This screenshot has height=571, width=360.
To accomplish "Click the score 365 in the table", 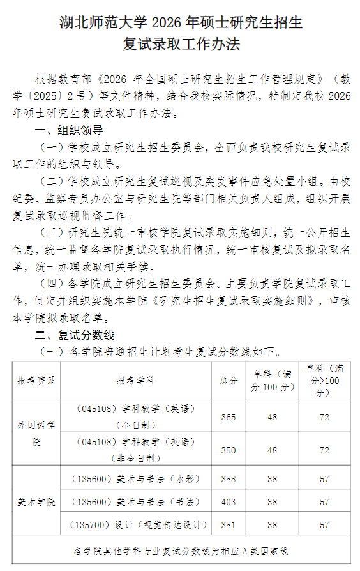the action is pyautogui.click(x=228, y=417).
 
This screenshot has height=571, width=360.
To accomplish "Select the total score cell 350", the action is pyautogui.click(x=228, y=450).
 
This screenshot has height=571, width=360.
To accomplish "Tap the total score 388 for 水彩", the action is pyautogui.click(x=228, y=478).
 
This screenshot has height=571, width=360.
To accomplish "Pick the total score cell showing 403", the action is pyautogui.click(x=228, y=502).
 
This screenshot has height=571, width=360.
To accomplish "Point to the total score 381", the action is pyautogui.click(x=228, y=526).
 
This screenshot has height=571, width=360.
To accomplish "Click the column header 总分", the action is pyautogui.click(x=228, y=381).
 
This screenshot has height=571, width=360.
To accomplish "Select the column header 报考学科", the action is pyautogui.click(x=135, y=381).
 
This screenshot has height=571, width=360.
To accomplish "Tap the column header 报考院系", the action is pyautogui.click(x=36, y=381).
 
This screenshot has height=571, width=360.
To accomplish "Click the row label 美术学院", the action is pyautogui.click(x=36, y=502).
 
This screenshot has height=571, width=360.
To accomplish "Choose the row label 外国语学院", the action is pyautogui.click(x=36, y=434).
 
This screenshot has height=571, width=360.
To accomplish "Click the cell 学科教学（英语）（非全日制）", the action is pyautogui.click(x=135, y=450).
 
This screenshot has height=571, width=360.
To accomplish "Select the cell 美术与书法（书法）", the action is pyautogui.click(x=135, y=502).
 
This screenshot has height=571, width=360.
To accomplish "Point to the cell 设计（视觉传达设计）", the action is pyautogui.click(x=135, y=526).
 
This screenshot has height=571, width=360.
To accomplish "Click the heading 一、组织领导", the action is pyautogui.click(x=68, y=131).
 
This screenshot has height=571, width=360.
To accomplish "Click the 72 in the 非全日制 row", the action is pyautogui.click(x=324, y=450).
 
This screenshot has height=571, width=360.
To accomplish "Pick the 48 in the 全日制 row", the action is pyautogui.click(x=273, y=417).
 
